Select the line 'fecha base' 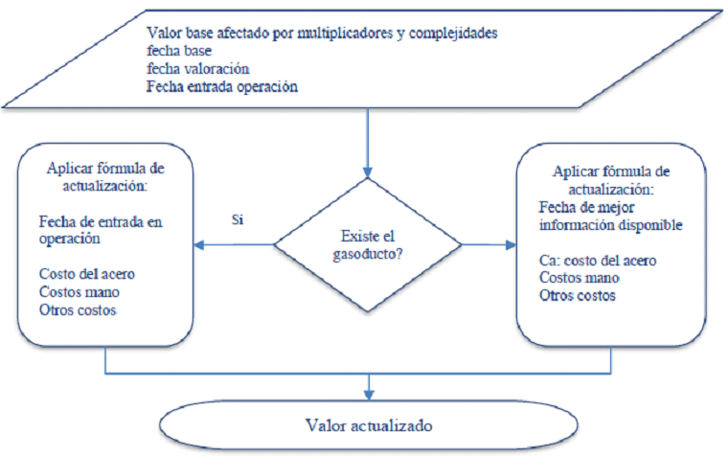pyautogui.click(x=179, y=50)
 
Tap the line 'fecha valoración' pyautogui.click(x=197, y=69)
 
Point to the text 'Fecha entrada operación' pyautogui.click(x=222, y=87)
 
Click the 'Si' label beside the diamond pyautogui.click(x=238, y=219)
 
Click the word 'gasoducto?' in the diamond pyautogui.click(x=368, y=255)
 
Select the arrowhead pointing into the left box pyautogui.click(x=198, y=244)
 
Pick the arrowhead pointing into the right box pyautogui.click(x=511, y=244)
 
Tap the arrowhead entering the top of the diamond pyautogui.click(x=368, y=172)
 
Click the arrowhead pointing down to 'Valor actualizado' pyautogui.click(x=369, y=395)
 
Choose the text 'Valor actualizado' pyautogui.click(x=369, y=425)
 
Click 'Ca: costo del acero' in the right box pyautogui.click(x=598, y=260)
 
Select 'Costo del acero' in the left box pyautogui.click(x=87, y=274)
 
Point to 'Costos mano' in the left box pyautogui.click(x=79, y=291)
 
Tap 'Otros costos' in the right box pyautogui.click(x=577, y=295)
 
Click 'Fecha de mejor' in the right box pyautogui.click(x=586, y=207)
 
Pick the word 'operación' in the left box pyautogui.click(x=70, y=239)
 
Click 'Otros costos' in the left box pyautogui.click(x=78, y=309)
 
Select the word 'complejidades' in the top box pyautogui.click(x=453, y=34)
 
